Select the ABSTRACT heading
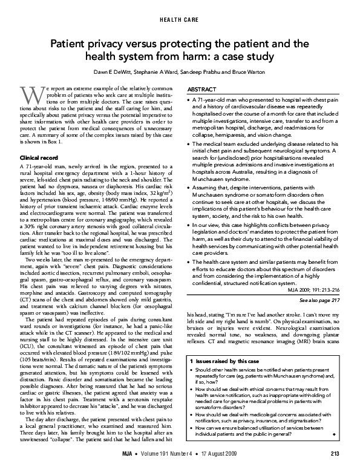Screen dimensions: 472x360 (203, 88)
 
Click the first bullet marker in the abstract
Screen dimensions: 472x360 (191, 98)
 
